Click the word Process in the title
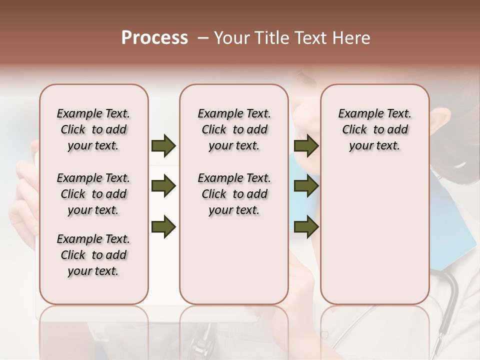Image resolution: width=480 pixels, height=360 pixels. [x=154, y=38]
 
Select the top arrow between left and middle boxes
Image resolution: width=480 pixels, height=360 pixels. [x=163, y=146]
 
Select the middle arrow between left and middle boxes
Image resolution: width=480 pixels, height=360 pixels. [x=163, y=186]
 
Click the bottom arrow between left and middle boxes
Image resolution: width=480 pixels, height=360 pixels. [x=163, y=227]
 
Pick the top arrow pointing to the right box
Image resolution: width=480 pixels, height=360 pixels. [x=306, y=146]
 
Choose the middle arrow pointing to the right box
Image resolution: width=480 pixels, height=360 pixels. [x=306, y=186]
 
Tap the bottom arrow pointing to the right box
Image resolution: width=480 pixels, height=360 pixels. [x=306, y=227]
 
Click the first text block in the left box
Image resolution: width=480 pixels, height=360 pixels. [x=93, y=129]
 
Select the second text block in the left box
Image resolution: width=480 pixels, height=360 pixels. [x=93, y=194]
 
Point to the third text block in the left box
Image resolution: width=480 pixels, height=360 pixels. [x=93, y=255]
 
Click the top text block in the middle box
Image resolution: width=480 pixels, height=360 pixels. [x=234, y=129]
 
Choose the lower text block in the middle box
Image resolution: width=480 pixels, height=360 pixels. [x=234, y=194]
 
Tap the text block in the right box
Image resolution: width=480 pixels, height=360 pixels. [x=374, y=129]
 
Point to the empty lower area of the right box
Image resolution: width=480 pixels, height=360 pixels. [x=374, y=235]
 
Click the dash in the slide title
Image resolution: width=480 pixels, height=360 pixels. [x=203, y=38]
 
